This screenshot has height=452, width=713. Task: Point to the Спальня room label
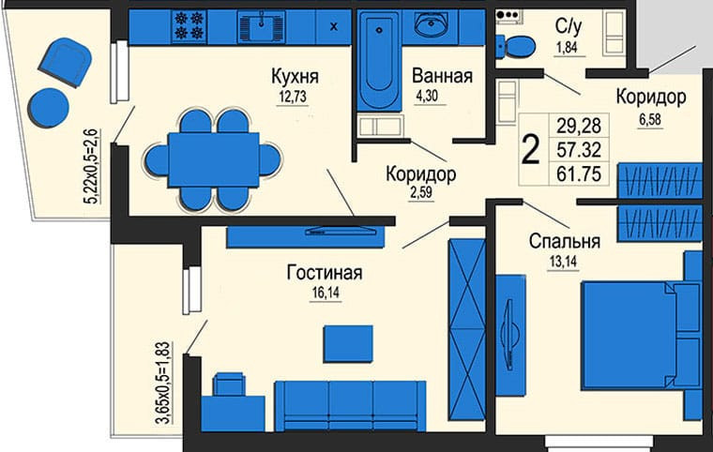coord(564,241)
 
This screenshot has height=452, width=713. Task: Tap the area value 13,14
coord(564,261)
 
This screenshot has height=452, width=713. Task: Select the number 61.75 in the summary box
coord(579,173)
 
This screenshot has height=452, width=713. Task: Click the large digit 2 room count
coord(530,149)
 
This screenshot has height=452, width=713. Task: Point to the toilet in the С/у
coord(513,43)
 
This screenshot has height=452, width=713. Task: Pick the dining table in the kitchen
coord(213,159)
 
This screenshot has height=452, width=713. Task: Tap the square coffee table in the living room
coord(348,342)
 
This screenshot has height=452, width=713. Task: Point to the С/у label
coord(566,26)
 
